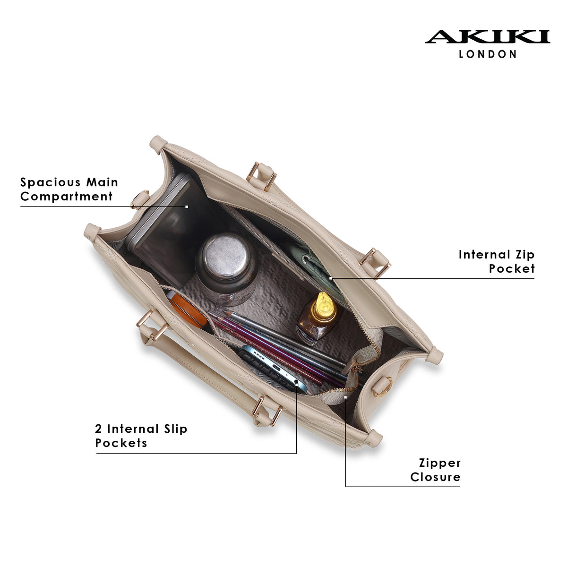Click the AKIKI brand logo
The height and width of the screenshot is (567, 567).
coord(487,37)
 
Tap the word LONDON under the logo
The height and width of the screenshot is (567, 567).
coord(487,54)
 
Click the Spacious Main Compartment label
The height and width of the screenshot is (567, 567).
coord(69,189)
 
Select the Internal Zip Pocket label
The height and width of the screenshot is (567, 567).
coord(497,261)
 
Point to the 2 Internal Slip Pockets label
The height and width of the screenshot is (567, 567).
coord(141,436)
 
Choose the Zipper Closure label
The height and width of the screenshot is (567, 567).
coord(436,470)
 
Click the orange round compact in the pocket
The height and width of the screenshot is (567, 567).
coord(187,310)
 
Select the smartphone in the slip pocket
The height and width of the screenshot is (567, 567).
coord(273,369)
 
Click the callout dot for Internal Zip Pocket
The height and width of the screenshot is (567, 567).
coord(330,278)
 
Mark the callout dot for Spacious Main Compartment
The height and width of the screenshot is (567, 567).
coord(187,207)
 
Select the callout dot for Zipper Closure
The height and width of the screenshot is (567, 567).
coord(345,397)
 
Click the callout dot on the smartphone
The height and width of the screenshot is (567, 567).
coord(297,384)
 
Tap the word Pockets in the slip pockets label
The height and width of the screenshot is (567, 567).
coord(121,443)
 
